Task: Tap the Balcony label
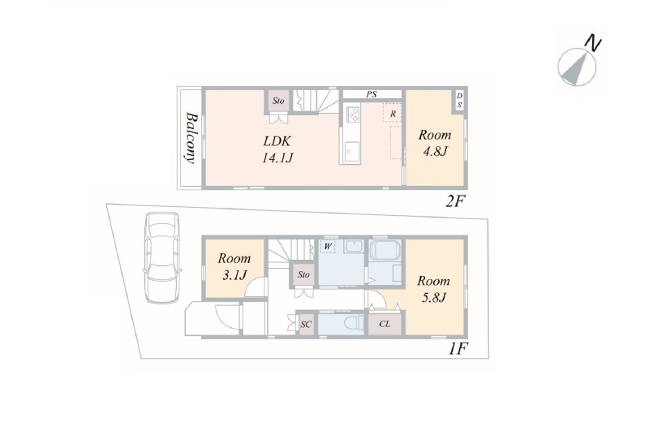[191, 137]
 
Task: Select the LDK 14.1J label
[277, 149]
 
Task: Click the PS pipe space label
[372, 94]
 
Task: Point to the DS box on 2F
[459, 101]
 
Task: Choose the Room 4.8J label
[435, 143]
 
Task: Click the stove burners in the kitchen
[355, 114]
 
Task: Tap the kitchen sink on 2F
[352, 152]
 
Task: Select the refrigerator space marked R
[392, 113]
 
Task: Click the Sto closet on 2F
[278, 101]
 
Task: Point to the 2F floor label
[455, 201]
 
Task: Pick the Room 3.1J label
[234, 266]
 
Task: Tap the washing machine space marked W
[328, 247]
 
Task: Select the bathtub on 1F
[385, 251]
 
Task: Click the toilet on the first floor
[355, 321]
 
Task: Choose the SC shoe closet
[305, 324]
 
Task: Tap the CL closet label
[385, 324]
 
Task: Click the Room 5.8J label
[433, 289]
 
